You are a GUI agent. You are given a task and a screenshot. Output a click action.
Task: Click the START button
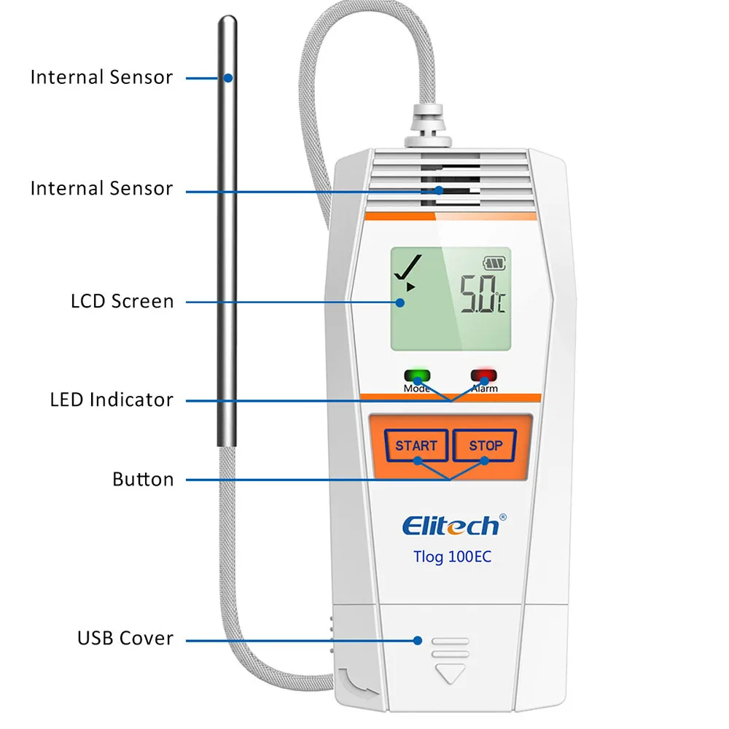(x=416, y=445)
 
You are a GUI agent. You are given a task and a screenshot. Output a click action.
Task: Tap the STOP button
(x=486, y=445)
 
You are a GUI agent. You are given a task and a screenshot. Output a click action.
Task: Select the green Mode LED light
(x=418, y=377)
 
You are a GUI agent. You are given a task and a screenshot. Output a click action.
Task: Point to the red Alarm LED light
(x=483, y=377)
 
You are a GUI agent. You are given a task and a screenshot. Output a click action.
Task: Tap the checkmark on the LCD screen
(x=405, y=270)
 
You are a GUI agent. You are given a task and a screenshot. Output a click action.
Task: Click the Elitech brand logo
(x=451, y=525)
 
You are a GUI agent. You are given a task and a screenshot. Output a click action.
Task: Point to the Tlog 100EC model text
(x=452, y=558)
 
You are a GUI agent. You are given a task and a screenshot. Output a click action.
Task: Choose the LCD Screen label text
(x=122, y=301)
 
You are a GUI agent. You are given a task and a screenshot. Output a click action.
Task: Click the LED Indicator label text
(x=112, y=399)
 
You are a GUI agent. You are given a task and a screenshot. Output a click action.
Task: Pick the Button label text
(x=143, y=479)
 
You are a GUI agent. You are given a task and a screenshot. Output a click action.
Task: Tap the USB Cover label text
(x=125, y=639)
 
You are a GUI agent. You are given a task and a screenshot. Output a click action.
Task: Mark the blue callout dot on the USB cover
(x=418, y=641)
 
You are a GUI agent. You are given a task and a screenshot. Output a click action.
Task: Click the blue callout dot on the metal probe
(x=227, y=77)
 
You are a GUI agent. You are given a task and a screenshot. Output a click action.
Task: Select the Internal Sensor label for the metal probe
(x=101, y=77)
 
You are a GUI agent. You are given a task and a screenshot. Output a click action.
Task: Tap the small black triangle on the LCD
(x=410, y=287)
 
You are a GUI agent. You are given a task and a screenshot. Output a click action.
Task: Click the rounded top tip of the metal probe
(x=227, y=23)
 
